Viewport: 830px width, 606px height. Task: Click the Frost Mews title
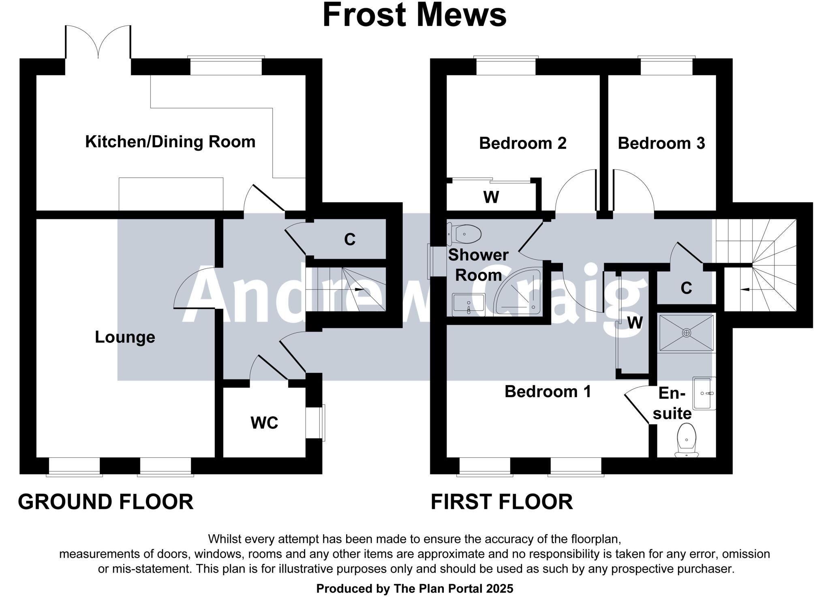pos(414,15)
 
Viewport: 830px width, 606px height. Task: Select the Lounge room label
pos(125,337)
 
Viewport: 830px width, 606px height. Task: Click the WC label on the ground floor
pos(264,423)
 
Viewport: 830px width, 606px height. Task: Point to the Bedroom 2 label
pos(523,143)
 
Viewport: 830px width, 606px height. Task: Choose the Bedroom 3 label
pos(661,143)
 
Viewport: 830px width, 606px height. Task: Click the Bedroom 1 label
pos(548,392)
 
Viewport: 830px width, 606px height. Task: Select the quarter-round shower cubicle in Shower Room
pos(518,292)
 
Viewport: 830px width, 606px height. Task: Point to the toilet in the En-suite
pos(686,440)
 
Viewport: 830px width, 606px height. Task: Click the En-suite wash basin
pos(704,393)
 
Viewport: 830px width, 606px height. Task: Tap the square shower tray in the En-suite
pos(686,333)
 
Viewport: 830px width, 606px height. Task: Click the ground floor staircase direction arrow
pos(358,289)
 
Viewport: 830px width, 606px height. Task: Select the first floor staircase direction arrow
pos(745,289)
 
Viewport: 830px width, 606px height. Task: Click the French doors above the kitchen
pos(98,42)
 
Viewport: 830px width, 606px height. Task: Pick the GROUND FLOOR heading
pos(106,502)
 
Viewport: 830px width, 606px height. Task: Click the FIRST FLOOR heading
pos(502,502)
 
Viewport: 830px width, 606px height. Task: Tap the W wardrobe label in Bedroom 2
pos(491,197)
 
